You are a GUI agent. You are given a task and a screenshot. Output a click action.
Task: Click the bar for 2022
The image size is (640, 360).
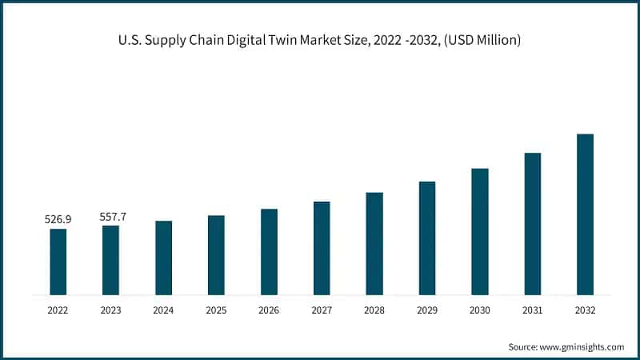tap(58, 262)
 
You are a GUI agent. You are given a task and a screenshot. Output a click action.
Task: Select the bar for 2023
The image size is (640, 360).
tap(110, 260)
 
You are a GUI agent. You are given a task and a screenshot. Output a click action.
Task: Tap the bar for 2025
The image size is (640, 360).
tap(216, 254)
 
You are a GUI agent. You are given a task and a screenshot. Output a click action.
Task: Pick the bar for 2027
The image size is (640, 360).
tap(322, 248)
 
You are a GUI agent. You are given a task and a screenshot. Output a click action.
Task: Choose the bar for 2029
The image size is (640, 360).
tap(427, 238)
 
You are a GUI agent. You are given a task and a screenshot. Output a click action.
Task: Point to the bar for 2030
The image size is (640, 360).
tap(480, 231)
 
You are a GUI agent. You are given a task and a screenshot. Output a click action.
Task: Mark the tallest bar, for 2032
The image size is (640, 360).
tap(586, 214)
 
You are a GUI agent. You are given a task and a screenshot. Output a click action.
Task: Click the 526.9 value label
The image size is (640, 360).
tap(58, 218)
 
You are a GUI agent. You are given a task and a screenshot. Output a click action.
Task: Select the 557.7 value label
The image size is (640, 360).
tap(110, 216)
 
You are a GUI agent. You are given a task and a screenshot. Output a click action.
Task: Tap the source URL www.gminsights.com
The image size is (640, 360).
tap(582, 346)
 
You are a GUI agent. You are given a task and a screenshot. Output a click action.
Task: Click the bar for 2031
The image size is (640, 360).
tap(533, 223)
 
